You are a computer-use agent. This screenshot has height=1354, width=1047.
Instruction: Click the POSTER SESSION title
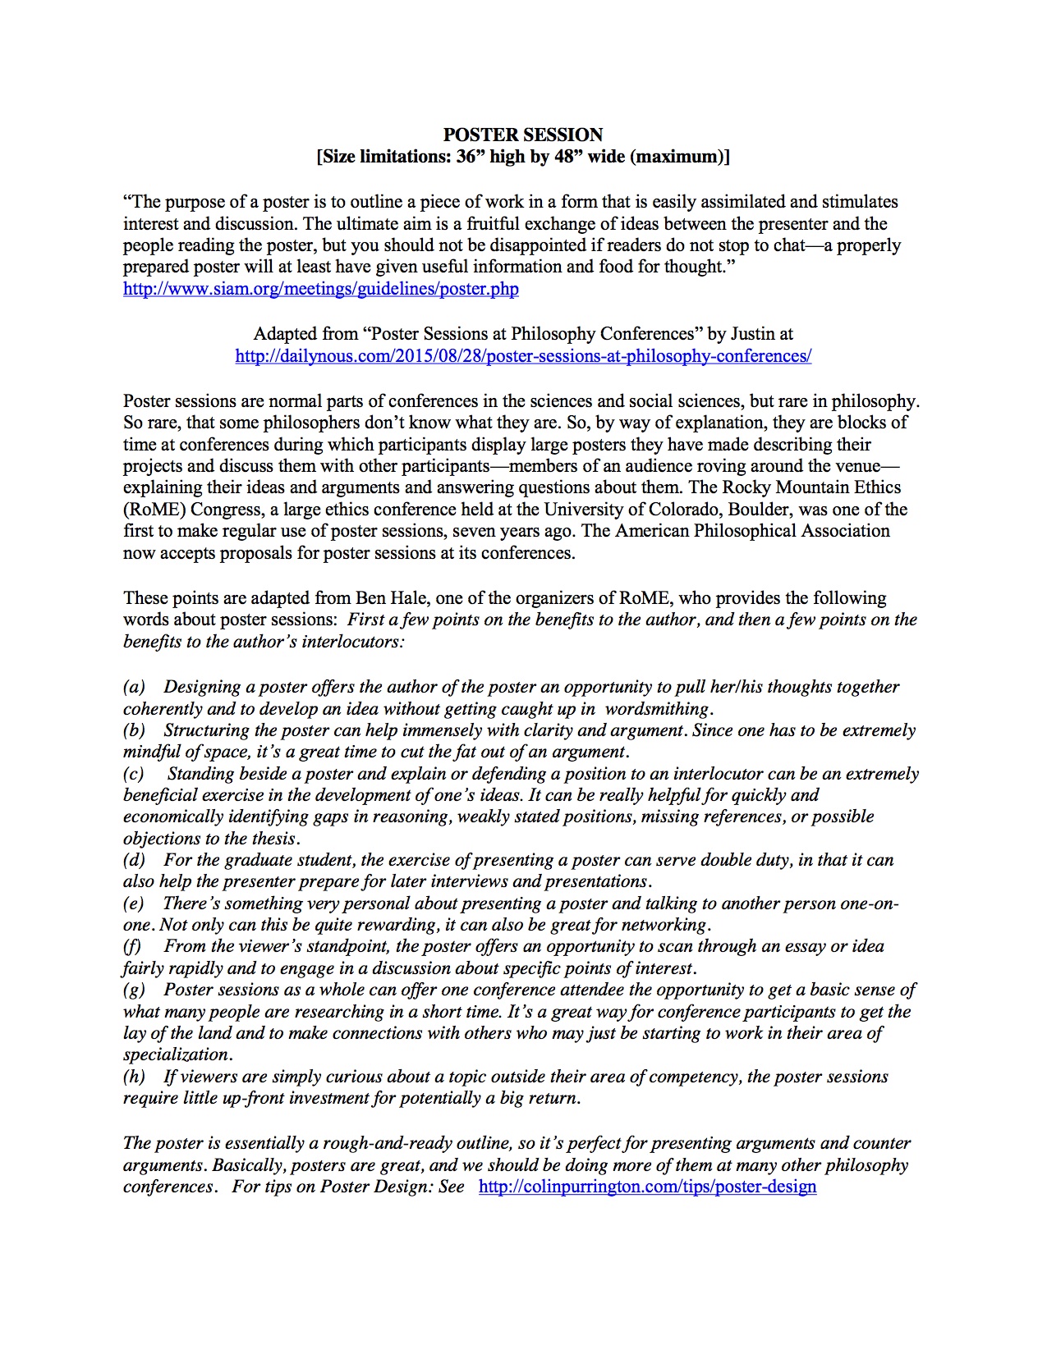523,135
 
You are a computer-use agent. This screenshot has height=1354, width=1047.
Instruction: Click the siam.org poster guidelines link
320,289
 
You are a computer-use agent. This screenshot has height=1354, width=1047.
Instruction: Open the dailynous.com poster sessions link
523,356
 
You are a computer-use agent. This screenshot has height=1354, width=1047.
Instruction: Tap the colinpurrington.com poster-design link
647,1187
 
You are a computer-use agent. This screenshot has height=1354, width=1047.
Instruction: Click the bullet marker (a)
134,687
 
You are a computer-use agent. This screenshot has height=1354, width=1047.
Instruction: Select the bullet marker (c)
134,774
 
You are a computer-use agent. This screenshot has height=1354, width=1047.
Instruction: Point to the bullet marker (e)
134,903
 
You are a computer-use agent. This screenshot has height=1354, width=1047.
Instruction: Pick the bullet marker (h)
134,1077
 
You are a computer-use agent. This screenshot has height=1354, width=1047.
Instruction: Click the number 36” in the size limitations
466,157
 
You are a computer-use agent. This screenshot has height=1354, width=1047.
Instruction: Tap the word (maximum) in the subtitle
678,157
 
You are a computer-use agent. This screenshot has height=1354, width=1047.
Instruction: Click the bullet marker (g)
134,990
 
